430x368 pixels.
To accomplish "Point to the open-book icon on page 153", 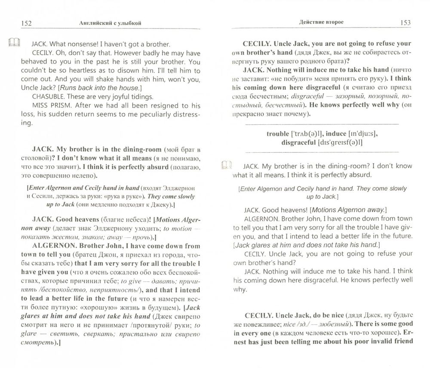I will [226, 165].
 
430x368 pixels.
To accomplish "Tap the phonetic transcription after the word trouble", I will [310, 134].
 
